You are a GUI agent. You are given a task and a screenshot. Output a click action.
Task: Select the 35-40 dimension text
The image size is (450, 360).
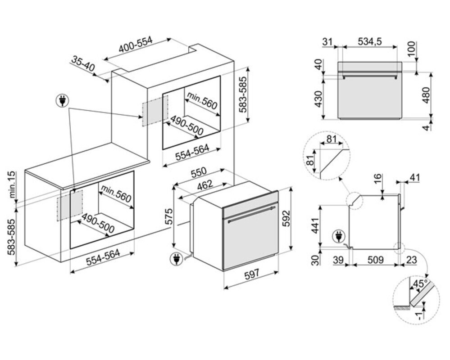[83, 63]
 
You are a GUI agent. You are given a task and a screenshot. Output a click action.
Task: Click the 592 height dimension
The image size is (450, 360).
[286, 219]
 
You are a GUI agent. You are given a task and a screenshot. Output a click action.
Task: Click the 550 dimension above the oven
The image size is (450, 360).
[199, 172]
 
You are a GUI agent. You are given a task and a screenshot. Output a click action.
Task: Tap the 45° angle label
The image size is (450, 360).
[419, 284]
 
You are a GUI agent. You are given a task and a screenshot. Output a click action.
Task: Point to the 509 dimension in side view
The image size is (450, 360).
[375, 260]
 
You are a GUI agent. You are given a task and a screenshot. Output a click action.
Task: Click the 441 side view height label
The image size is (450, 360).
[316, 225]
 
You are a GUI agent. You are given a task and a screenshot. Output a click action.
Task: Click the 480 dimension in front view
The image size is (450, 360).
[426, 95]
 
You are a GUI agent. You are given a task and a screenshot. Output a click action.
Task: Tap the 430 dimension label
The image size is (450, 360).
[318, 99]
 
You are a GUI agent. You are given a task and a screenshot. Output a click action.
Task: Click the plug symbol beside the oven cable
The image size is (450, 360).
[176, 259]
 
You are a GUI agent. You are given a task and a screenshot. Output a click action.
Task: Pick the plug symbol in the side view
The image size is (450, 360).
[339, 237]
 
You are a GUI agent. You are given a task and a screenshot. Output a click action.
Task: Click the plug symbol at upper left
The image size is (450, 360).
[62, 100]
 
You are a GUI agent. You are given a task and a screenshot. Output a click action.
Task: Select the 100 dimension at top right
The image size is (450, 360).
[412, 49]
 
